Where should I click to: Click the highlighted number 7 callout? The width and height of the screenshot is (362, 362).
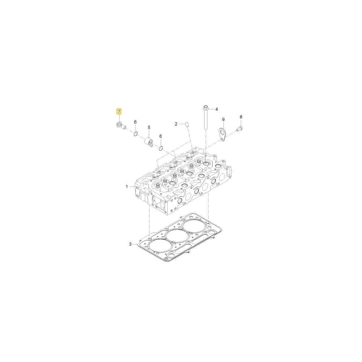[x=119, y=112]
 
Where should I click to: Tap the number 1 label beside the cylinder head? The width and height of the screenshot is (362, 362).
[x=127, y=186]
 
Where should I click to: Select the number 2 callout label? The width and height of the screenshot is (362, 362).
[x=176, y=124]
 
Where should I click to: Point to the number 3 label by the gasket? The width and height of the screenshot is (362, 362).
[x=130, y=244]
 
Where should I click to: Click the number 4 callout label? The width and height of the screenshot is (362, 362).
[x=216, y=109]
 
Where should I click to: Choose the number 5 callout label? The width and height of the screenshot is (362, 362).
[x=149, y=127]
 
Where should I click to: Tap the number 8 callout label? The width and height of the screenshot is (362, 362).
[x=241, y=117]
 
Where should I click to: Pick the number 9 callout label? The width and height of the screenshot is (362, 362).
[x=223, y=119]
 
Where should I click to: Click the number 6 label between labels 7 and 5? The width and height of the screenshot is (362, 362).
[x=135, y=122]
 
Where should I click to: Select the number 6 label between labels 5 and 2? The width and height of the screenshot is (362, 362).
[x=161, y=136]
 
